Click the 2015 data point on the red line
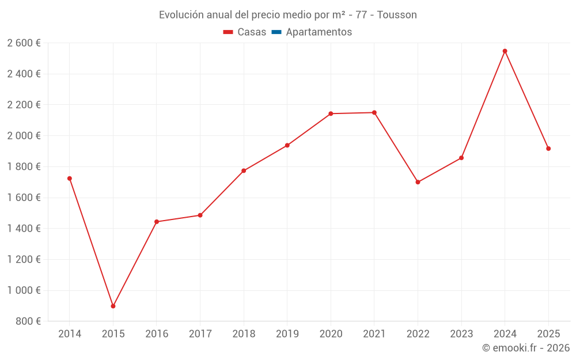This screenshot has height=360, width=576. pyautogui.click(x=113, y=306)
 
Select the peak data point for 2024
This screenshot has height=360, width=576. pyautogui.click(x=505, y=51)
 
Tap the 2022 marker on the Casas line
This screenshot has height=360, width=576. pyautogui.click(x=418, y=182)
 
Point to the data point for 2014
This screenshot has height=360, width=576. pyautogui.click(x=70, y=179)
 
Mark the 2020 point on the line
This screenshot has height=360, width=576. pyautogui.click(x=331, y=113)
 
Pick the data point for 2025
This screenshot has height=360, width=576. pyautogui.click(x=548, y=149)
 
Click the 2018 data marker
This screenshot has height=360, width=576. pyautogui.click(x=244, y=170)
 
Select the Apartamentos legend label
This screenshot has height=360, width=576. pyautogui.click(x=319, y=32)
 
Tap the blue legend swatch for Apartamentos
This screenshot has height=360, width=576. pyautogui.click(x=276, y=32)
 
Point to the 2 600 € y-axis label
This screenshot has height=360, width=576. pyautogui.click(x=24, y=43)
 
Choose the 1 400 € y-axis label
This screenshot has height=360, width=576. pyautogui.click(x=24, y=229)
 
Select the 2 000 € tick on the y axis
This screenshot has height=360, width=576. pyautogui.click(x=24, y=136)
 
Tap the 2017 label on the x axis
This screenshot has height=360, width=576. pyautogui.click(x=200, y=334)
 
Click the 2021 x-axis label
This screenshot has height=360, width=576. pyautogui.click(x=374, y=334)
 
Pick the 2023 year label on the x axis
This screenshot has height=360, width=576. pyautogui.click(x=461, y=334)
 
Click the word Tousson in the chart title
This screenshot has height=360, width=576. pyautogui.click(x=397, y=15)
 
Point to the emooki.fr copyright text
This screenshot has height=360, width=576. pyautogui.click(x=526, y=348)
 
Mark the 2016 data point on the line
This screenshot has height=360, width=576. pyautogui.click(x=157, y=222)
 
